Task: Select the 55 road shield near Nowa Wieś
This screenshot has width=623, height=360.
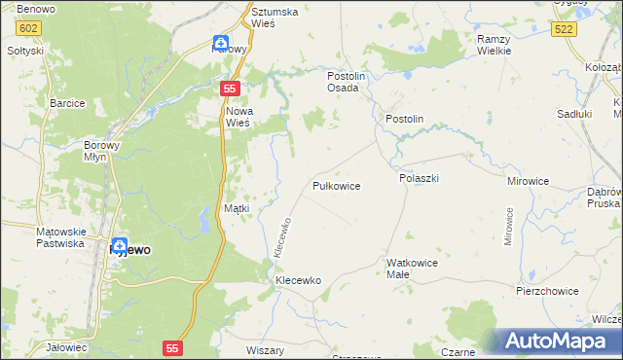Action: click(229, 89)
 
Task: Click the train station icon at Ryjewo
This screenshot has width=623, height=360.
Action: click(120, 246)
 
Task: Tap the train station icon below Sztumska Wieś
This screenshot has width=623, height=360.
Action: click(221, 43)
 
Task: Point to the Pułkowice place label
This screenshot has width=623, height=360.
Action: click(337, 185)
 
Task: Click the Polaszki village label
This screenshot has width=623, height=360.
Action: click(420, 179)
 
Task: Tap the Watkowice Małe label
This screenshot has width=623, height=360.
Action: click(412, 269)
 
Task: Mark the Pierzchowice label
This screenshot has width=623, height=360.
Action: click(547, 291)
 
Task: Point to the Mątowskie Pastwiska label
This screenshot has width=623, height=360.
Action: click(61, 237)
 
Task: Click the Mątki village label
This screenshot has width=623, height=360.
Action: click(238, 208)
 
